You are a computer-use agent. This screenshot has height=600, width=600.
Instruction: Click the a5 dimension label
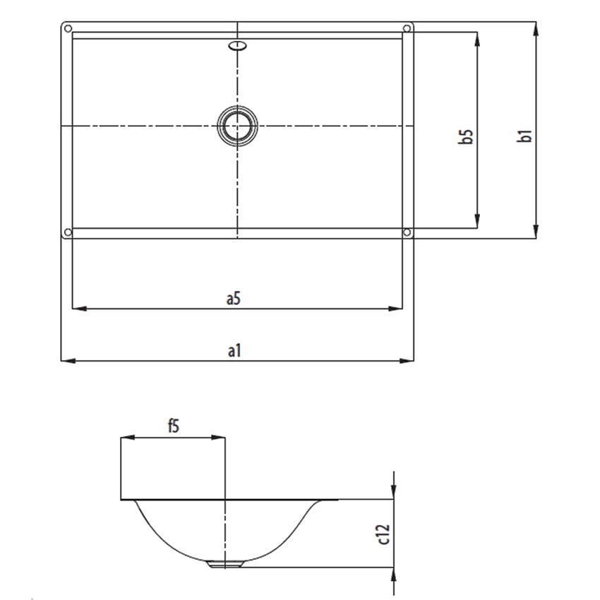pos(234,299)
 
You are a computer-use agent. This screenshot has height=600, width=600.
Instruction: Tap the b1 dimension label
pos(524,136)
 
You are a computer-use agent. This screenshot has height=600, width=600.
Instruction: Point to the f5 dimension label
pos(174,426)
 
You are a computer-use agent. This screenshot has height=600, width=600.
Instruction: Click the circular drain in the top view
pos(237,126)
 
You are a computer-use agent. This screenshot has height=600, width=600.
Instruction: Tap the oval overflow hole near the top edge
pos(238,47)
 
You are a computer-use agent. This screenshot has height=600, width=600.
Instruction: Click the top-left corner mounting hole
pos(68,29)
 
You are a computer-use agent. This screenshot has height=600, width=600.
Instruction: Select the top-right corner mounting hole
pos(407,29)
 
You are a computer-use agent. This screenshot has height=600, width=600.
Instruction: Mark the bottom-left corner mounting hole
pos(68,233)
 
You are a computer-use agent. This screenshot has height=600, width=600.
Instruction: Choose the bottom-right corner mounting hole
pos(407,232)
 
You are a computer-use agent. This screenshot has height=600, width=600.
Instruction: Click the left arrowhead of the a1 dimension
pos(67,361)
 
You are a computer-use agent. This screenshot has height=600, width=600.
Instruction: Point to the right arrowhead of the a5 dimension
pos(397,308)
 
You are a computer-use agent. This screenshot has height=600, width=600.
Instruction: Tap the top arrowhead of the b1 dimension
pos(538,28)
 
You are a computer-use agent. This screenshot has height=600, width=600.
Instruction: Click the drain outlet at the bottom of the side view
pos(225,564)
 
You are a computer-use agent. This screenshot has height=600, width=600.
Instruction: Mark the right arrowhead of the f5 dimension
pos(220,438)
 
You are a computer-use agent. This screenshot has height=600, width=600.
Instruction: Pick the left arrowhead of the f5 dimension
pos(126,438)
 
